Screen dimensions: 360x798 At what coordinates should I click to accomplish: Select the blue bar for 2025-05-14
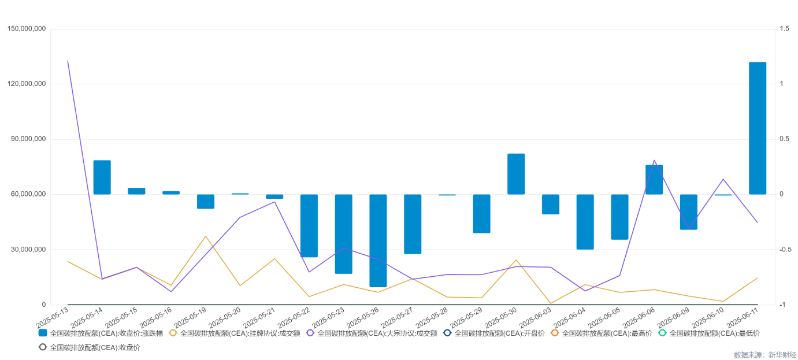(102, 177)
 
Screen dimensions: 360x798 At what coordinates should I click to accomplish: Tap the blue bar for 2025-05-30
(516, 174)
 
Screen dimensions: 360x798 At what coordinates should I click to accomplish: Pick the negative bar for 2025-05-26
(378, 240)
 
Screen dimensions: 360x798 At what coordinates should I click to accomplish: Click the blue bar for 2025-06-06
(654, 180)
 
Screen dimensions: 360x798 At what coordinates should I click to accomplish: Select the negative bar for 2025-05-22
(309, 226)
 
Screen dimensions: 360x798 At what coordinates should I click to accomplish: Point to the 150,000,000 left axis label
(27, 29)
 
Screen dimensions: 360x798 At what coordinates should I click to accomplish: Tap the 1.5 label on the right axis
(784, 29)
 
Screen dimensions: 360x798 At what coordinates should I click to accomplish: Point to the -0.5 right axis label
(785, 250)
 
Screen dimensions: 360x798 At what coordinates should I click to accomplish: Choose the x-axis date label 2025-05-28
(432, 317)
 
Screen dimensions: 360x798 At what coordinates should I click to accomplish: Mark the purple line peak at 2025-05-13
(68, 61)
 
